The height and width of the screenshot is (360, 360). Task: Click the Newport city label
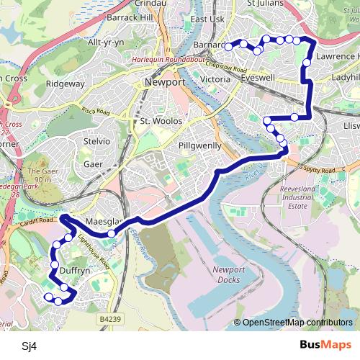tap(165, 83)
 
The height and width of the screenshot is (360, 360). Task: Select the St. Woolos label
tap(158, 121)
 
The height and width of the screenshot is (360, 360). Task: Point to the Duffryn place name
tap(75, 271)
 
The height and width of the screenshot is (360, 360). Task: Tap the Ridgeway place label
tap(66, 84)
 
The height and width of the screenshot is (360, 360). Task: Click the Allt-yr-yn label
tap(106, 42)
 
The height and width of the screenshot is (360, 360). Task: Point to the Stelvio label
tap(97, 142)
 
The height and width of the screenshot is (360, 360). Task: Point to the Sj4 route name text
tap(29, 346)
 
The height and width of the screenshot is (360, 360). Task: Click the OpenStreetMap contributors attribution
tap(297, 323)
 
